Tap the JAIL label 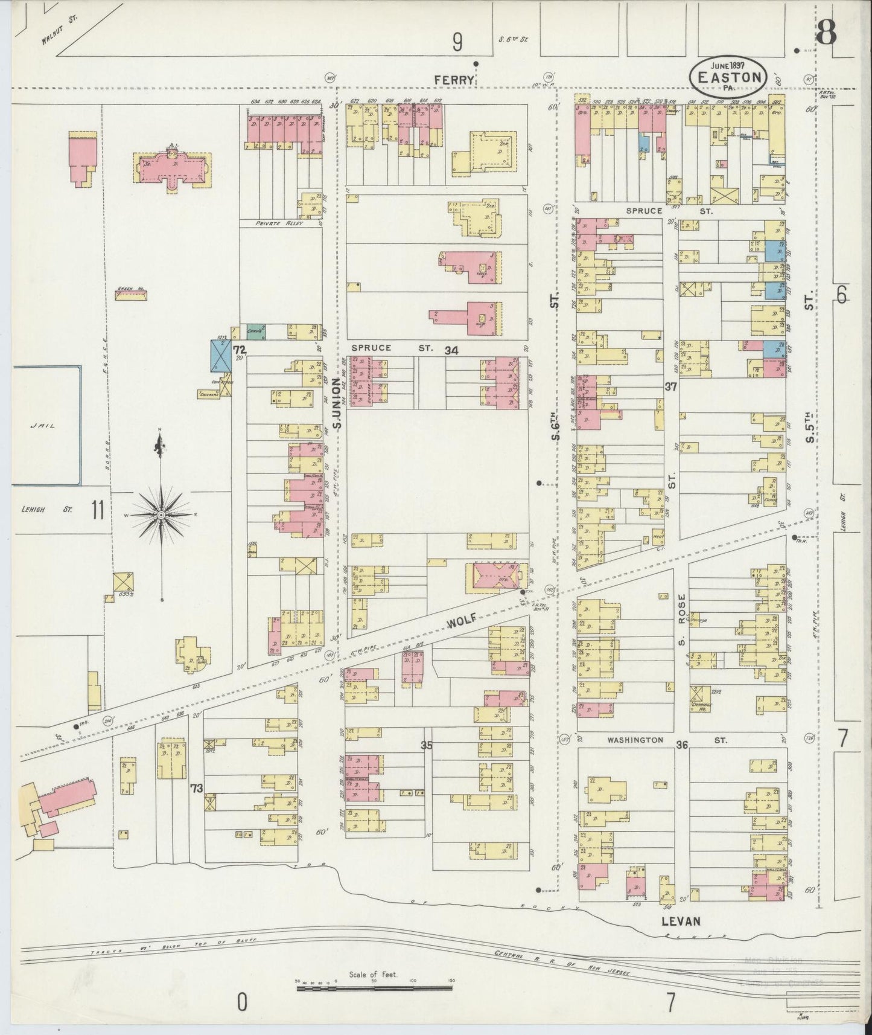coord(42,425)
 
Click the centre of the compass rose coord(161,514)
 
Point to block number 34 coord(451,350)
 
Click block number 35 coord(427,745)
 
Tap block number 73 coord(196,787)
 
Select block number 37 coord(670,387)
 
